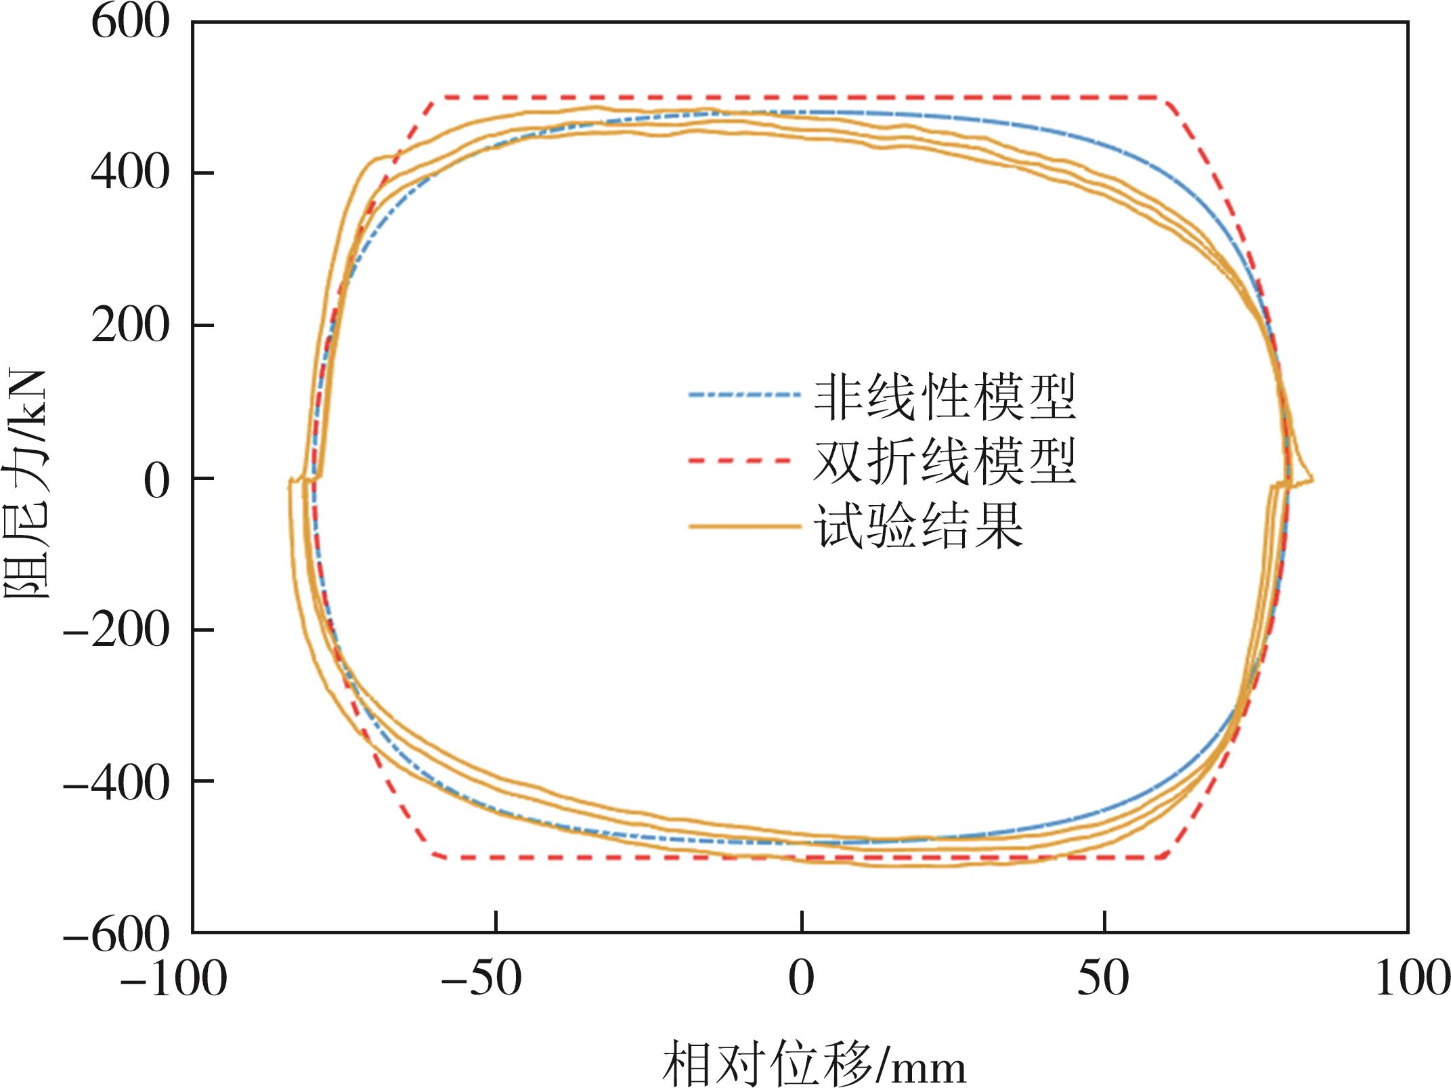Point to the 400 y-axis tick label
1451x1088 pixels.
(129, 173)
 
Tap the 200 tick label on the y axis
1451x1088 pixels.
(129, 326)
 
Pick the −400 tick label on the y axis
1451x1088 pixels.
(115, 783)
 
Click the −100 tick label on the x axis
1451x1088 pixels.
(173, 979)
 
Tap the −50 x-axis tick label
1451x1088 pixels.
(481, 979)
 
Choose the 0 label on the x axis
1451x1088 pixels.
(802, 979)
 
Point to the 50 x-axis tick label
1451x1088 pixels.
(1104, 979)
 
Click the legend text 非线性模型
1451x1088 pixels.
(945, 397)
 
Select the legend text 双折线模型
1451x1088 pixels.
(945, 462)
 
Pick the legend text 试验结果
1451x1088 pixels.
(918, 526)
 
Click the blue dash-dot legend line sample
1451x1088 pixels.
(739, 394)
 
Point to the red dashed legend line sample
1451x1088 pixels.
(739, 460)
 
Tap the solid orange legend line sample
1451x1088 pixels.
(739, 525)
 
